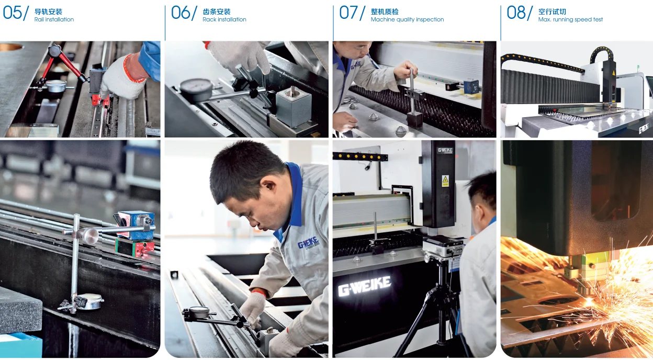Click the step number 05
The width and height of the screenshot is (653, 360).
[12, 13]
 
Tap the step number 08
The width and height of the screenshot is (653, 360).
[516, 13]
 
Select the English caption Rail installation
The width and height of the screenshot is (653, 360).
[54, 19]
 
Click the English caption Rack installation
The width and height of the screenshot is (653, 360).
[224, 19]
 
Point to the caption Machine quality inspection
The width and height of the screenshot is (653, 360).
[407, 19]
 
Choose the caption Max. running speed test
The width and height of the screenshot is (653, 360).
[570, 19]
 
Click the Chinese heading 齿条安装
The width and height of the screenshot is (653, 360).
[216, 12]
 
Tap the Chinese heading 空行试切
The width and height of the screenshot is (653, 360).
[552, 12]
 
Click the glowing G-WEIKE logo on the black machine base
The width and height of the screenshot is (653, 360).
[364, 286]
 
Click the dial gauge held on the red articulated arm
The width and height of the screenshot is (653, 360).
[56, 86]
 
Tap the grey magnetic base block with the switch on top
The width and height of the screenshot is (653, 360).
[293, 106]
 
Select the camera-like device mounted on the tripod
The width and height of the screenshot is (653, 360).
[443, 246]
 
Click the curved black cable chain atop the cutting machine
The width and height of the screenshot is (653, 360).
[601, 54]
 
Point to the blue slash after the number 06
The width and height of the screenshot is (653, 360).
[194, 14]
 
